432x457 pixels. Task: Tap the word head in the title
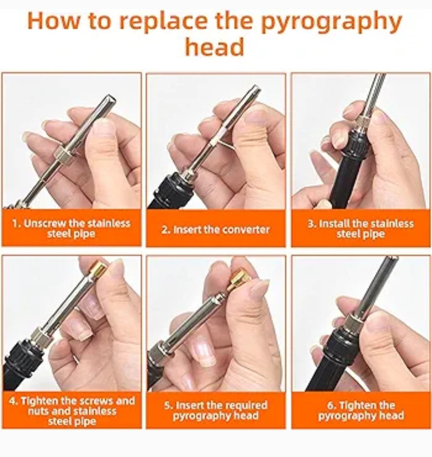pos(215,47)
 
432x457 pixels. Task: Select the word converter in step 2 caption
pos(244,230)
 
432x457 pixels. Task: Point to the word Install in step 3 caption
pos(335,224)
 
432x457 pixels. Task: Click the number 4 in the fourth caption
pos(12,401)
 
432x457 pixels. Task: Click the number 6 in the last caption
pos(330,406)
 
